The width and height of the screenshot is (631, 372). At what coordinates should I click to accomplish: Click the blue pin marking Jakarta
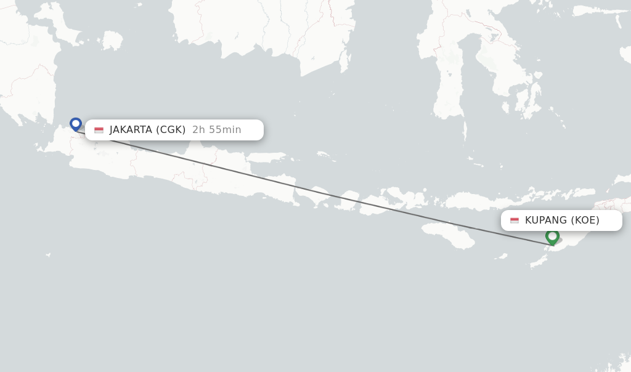click(x=76, y=124)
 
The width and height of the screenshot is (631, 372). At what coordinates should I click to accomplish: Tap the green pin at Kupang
click(x=552, y=237)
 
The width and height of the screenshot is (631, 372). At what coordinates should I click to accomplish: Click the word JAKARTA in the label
click(x=131, y=130)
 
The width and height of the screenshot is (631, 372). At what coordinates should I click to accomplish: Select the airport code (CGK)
click(x=171, y=130)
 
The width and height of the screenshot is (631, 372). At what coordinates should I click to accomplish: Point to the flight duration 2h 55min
click(x=217, y=130)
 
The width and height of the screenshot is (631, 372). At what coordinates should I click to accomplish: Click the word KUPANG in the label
click(x=545, y=220)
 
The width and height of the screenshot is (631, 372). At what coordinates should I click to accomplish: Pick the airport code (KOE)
click(x=585, y=220)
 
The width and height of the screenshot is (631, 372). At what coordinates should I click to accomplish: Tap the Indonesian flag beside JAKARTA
click(x=99, y=131)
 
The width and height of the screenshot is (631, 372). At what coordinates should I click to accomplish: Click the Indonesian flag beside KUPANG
click(x=515, y=220)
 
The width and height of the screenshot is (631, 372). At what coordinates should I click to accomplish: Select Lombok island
click(x=349, y=201)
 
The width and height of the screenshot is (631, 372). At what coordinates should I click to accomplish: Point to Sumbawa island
click(x=394, y=200)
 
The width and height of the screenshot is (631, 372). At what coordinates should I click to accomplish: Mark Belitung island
click(x=113, y=40)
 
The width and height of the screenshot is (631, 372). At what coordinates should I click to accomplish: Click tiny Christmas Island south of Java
click(x=48, y=254)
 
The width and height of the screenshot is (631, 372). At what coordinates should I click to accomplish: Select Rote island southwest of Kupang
click(x=538, y=261)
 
